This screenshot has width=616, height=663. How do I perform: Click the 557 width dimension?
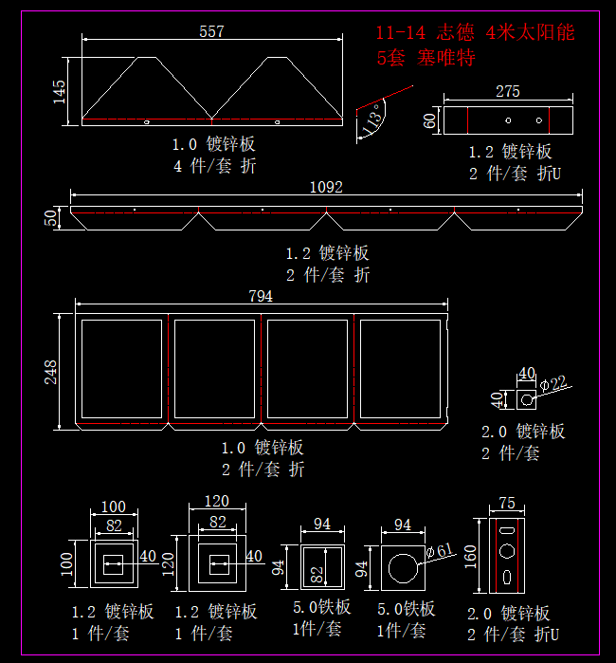tap(211, 32)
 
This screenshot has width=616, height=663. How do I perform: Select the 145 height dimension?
tap(60, 91)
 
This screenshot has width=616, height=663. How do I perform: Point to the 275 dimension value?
tap(508, 92)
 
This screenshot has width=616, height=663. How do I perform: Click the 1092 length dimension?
tap(326, 188)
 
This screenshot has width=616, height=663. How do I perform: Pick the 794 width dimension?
tap(261, 297)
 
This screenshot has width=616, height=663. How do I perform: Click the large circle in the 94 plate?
tap(402, 568)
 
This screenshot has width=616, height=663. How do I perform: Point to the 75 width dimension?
tap(506, 504)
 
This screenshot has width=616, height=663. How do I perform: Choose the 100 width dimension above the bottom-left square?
tap(113, 506)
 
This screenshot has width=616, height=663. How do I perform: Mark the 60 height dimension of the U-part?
tap(429, 120)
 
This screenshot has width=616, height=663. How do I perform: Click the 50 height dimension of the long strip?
tap(51, 217)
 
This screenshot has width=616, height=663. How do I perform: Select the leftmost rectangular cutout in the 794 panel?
tap(122, 367)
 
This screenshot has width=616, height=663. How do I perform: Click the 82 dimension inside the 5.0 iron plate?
tap(319, 574)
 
